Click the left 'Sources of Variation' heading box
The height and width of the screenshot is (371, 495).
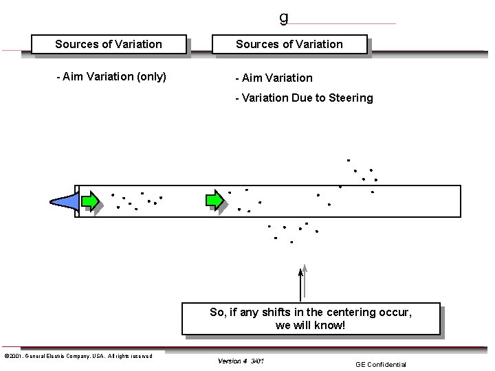click(x=109, y=45)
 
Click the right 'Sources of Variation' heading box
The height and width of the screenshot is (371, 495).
click(x=289, y=45)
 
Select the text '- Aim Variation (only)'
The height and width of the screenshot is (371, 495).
click(x=111, y=76)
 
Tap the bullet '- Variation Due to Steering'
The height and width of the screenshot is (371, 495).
click(x=304, y=98)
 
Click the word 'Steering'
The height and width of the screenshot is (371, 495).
click(x=351, y=98)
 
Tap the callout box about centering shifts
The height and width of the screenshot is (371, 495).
click(x=311, y=319)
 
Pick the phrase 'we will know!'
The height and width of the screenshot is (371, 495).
click(x=310, y=325)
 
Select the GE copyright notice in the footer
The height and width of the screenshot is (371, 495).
click(x=78, y=356)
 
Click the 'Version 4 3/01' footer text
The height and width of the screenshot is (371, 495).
click(x=241, y=361)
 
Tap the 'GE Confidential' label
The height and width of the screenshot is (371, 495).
click(x=381, y=364)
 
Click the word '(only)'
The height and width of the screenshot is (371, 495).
click(x=150, y=76)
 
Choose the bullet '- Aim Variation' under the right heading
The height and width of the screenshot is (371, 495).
click(x=274, y=78)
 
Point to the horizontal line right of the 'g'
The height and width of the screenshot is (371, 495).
click(x=344, y=23)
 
